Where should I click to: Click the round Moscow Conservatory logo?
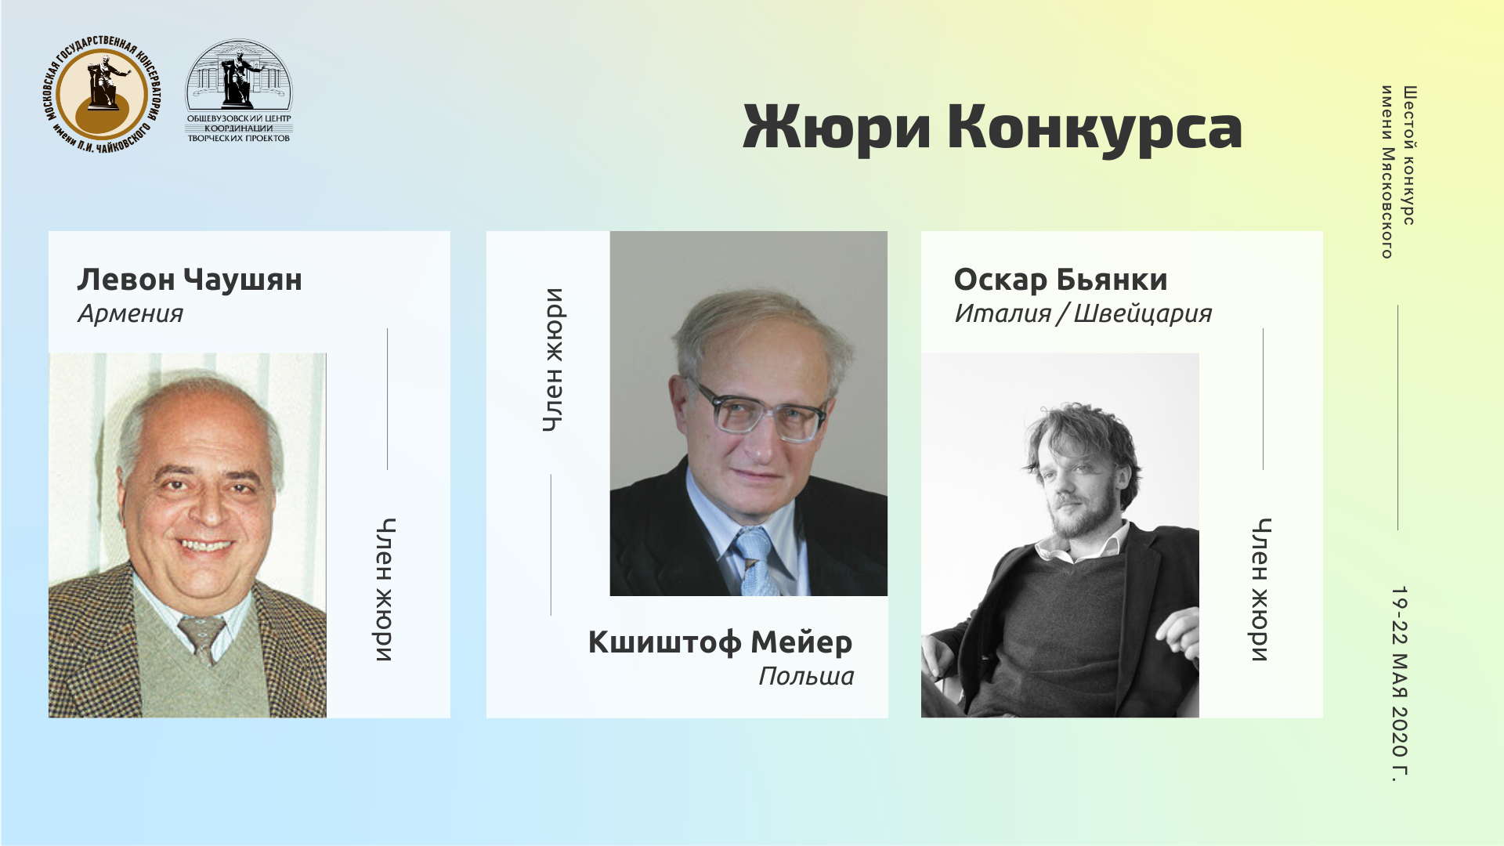100,95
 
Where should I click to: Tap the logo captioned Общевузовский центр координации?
239,92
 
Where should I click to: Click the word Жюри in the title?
837,128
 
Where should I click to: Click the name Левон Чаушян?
190,280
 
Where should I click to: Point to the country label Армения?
130,314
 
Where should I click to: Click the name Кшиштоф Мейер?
720,642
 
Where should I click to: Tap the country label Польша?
806,676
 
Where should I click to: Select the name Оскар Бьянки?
1061,280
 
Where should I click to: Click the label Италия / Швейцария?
1083,314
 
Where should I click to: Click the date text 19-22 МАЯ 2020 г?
1400,684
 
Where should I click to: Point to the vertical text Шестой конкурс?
1409,155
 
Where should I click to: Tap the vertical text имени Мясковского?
1386,172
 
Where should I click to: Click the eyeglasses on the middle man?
759,410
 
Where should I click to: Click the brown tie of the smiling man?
203,638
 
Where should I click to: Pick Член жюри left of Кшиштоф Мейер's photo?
553,360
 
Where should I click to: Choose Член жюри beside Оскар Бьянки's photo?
1260,590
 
